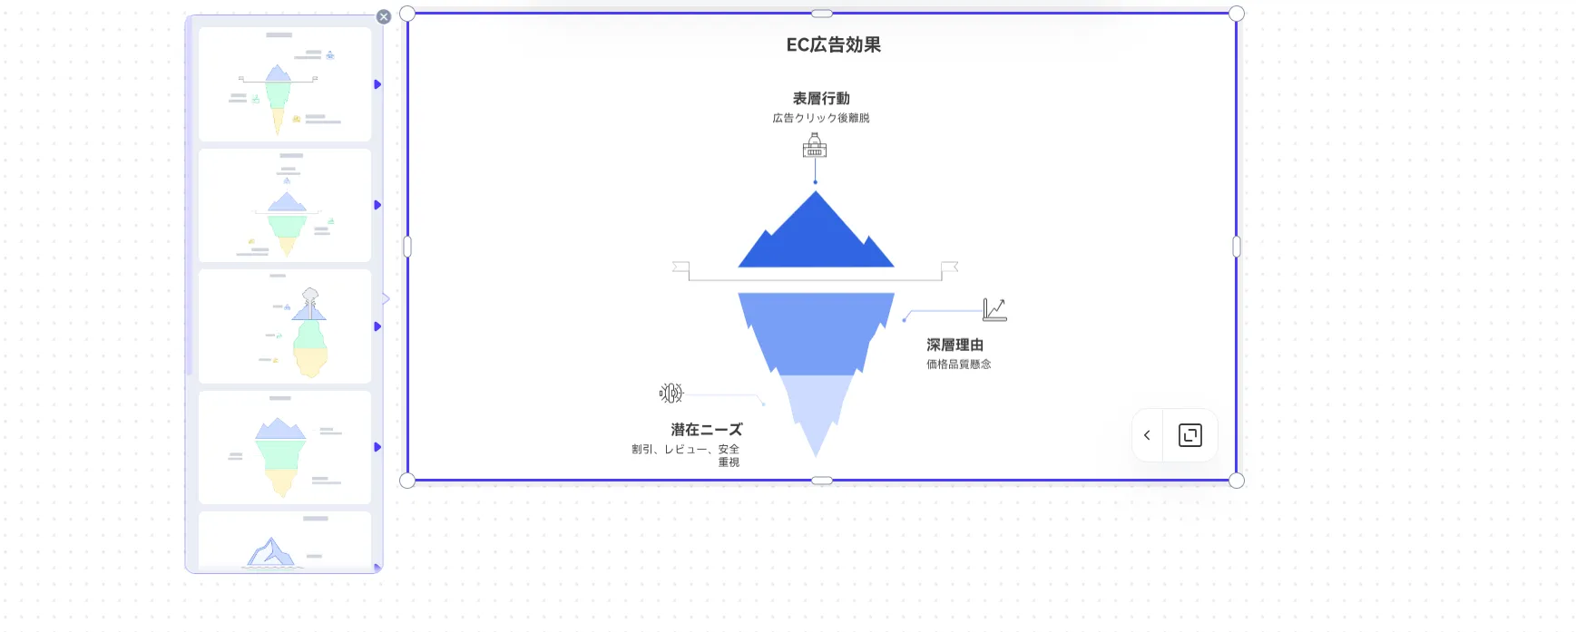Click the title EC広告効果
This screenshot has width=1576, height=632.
click(833, 44)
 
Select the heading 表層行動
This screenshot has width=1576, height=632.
click(821, 98)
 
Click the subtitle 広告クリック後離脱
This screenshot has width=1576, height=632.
click(821, 118)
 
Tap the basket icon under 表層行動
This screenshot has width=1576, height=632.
click(815, 145)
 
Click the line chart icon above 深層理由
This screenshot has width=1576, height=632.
click(994, 309)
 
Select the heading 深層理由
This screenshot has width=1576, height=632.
click(954, 345)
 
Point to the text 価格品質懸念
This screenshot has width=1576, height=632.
click(958, 365)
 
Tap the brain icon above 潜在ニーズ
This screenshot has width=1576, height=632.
click(671, 393)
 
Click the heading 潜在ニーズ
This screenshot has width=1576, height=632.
click(706, 429)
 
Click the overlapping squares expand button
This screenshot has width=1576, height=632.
click(1189, 435)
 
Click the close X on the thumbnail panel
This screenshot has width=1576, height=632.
click(384, 16)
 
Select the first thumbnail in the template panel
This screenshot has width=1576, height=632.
click(285, 84)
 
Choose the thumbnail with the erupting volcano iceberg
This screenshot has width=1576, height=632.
click(285, 326)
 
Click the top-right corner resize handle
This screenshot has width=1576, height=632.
click(1236, 14)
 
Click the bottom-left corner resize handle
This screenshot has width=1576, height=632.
click(407, 481)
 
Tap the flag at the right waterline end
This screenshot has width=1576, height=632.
click(950, 267)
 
